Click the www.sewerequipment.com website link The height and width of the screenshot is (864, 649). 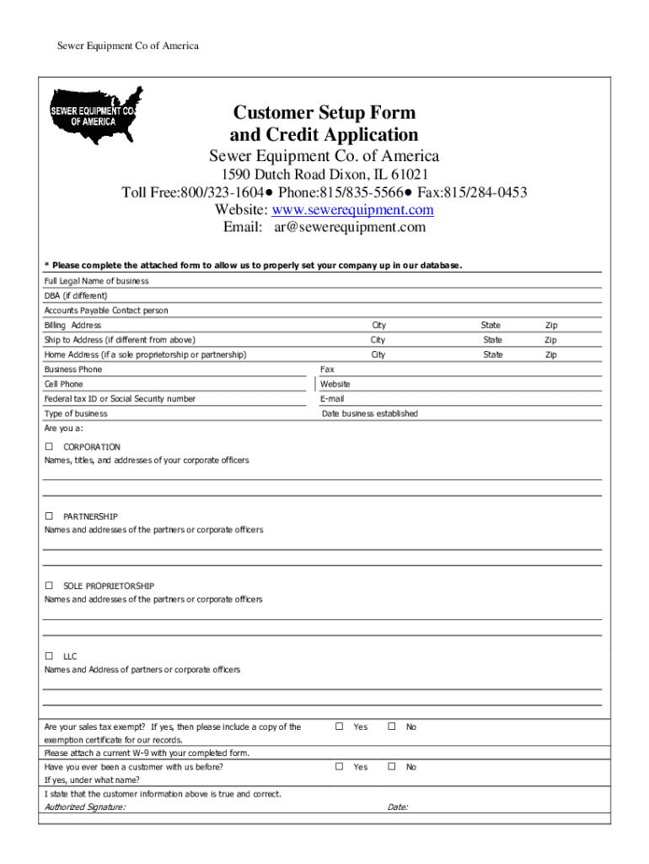371,209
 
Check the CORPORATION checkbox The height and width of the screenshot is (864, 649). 50,446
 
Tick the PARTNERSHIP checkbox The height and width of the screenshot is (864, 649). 50,516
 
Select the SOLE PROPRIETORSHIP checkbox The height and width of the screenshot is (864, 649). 50,586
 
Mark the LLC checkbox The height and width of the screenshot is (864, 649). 50,656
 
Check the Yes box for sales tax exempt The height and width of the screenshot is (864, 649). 339,726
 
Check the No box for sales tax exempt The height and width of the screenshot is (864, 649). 391,726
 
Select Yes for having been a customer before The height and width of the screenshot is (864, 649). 339,767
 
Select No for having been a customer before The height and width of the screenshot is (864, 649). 391,767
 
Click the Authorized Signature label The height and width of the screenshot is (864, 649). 85,807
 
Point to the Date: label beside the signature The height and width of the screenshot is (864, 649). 398,807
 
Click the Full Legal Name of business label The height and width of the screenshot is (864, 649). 96,281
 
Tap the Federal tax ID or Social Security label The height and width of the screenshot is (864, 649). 120,399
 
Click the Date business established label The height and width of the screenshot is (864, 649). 369,413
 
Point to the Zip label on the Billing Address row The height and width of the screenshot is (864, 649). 550,325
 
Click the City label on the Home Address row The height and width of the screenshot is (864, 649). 378,354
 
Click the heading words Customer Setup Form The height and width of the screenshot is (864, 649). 324,113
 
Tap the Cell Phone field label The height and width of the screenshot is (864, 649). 64,384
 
